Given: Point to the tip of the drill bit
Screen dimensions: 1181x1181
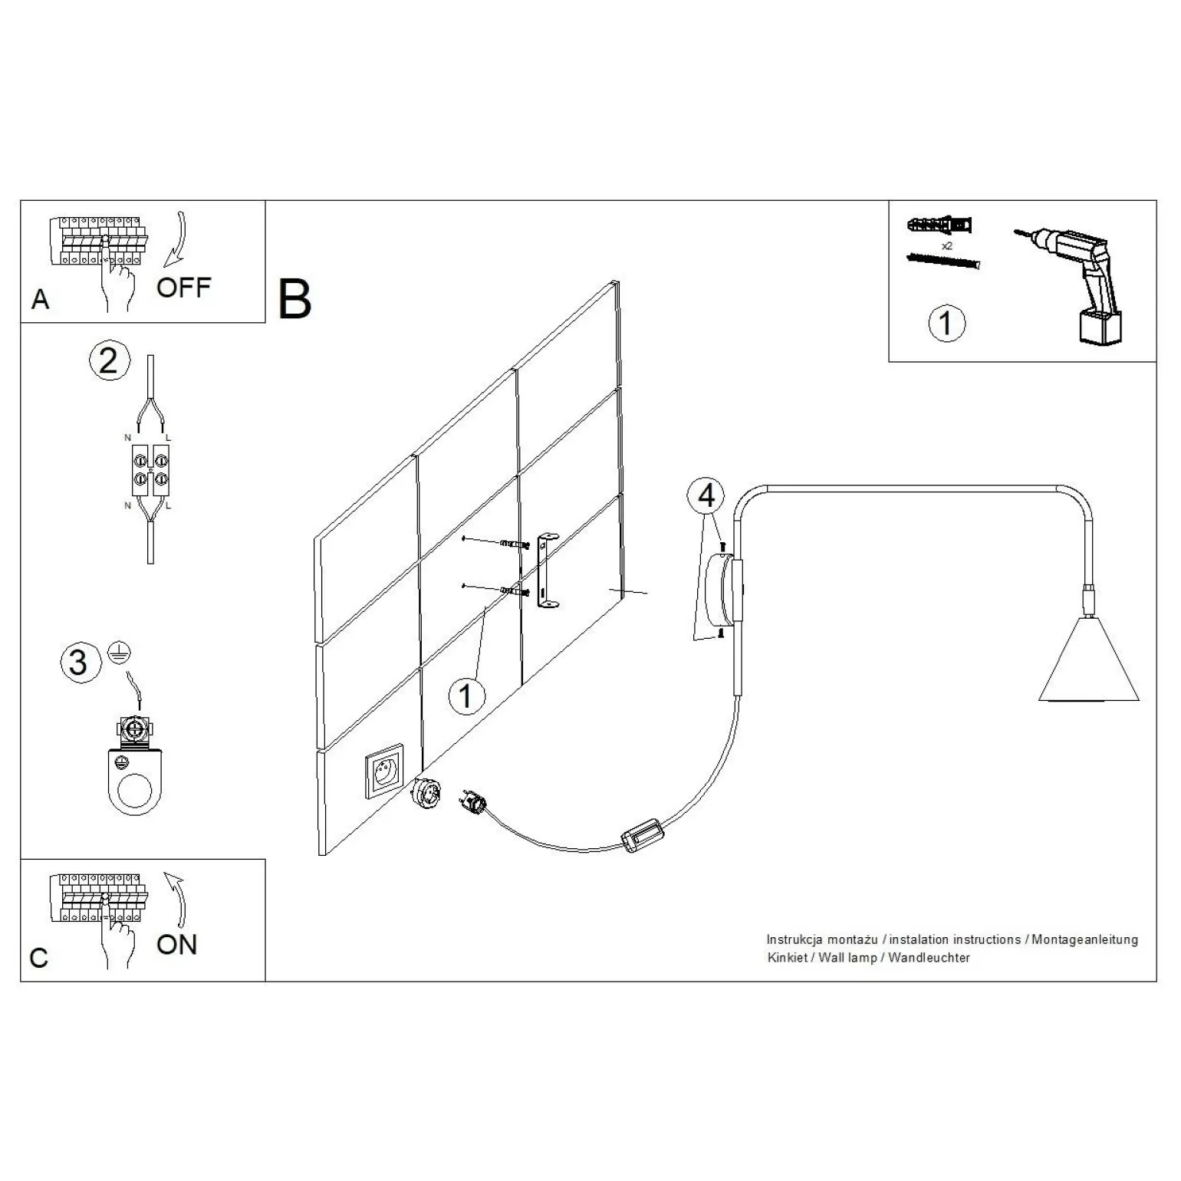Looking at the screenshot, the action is pos(1014,231).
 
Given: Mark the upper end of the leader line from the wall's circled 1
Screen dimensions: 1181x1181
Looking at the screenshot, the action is pos(488,606).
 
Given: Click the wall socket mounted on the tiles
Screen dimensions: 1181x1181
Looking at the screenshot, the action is pos(384,771).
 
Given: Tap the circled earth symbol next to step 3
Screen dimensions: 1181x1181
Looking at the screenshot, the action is pos(120,653).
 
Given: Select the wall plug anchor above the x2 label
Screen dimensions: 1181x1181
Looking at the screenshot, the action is pos(939,226).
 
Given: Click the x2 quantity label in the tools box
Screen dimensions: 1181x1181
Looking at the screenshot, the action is pos(947,245).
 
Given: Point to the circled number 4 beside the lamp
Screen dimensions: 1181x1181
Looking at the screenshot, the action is pos(706,495).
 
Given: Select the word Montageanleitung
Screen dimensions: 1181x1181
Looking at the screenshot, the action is pos(1084,939).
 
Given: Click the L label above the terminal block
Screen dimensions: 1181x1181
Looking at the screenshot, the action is pos(168,438).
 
